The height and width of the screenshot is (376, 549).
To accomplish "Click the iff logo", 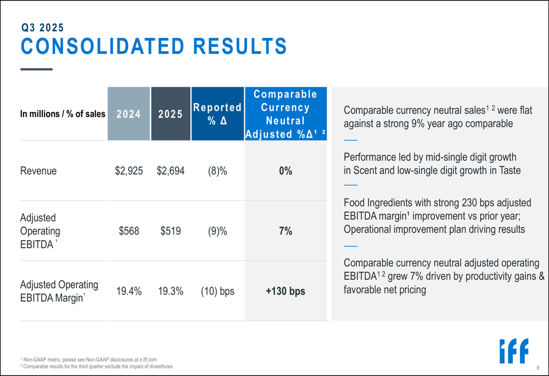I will (x=513, y=351).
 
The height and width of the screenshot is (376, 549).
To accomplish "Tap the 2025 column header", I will (x=170, y=114).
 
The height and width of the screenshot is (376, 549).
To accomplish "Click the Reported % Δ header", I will (x=217, y=114).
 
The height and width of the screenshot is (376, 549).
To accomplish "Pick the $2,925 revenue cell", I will (x=129, y=171).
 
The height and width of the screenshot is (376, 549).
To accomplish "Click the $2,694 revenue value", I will (x=171, y=171).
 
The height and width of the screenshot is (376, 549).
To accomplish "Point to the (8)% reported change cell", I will (x=217, y=171).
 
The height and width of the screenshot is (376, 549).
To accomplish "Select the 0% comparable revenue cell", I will (x=285, y=171).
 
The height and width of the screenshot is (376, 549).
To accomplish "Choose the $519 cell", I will (x=171, y=231).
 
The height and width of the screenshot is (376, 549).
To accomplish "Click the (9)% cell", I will (x=217, y=231).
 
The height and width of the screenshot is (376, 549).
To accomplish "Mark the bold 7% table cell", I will (x=285, y=231).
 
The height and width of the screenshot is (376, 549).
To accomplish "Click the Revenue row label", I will (x=38, y=171).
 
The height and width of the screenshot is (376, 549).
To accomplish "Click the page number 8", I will (x=538, y=367).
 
